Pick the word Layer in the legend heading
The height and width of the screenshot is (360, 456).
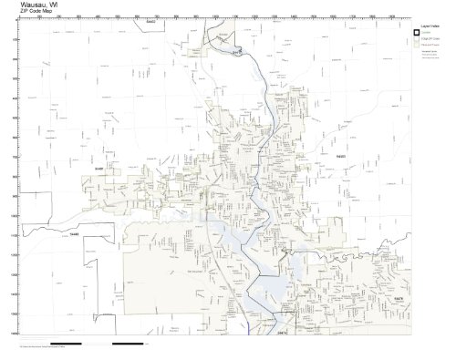coord(419,28)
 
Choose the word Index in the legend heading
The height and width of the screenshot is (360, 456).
coord(431,28)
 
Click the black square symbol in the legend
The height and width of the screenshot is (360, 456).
coord(415,35)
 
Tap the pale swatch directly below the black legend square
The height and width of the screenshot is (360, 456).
coord(415,42)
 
